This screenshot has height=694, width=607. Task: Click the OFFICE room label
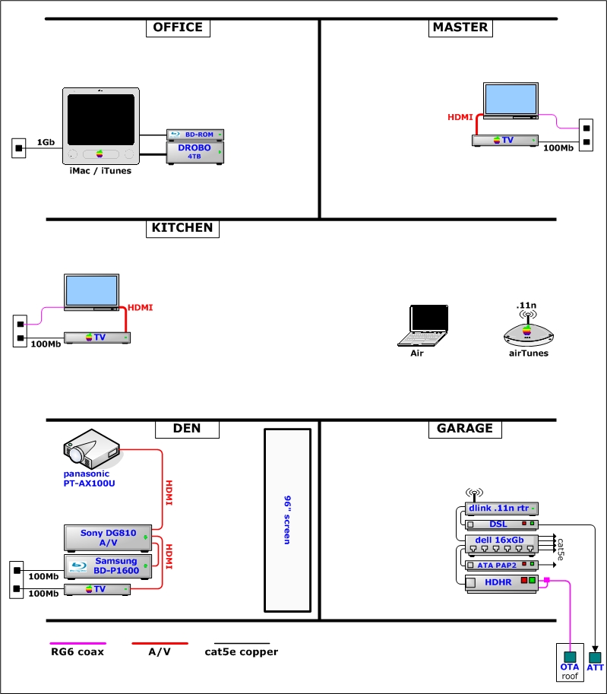178,27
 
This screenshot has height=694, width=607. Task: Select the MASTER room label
460,27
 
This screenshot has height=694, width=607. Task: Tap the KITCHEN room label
182,228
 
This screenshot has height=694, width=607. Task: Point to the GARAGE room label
464,429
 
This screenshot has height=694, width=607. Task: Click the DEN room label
187,429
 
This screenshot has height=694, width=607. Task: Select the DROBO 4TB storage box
196,152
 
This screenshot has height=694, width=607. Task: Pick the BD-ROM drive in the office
196,135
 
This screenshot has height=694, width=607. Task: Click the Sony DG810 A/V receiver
108,537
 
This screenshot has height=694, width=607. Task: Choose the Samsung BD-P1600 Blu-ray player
108,566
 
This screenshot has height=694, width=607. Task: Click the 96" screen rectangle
287,521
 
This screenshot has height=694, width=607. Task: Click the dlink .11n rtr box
501,508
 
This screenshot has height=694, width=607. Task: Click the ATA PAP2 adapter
501,565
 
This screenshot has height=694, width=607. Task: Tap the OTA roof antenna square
569,657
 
